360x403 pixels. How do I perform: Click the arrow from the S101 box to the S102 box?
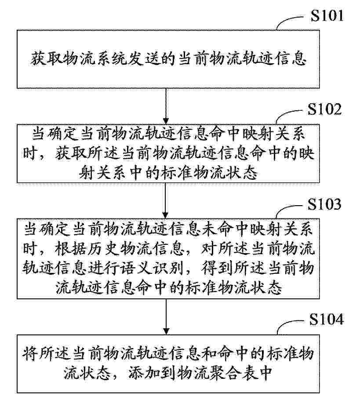pyautogui.click(x=166, y=105)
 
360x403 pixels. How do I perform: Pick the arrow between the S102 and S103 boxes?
pyautogui.click(x=166, y=200)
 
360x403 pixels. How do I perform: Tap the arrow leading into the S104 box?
pyautogui.click(x=166, y=316)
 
